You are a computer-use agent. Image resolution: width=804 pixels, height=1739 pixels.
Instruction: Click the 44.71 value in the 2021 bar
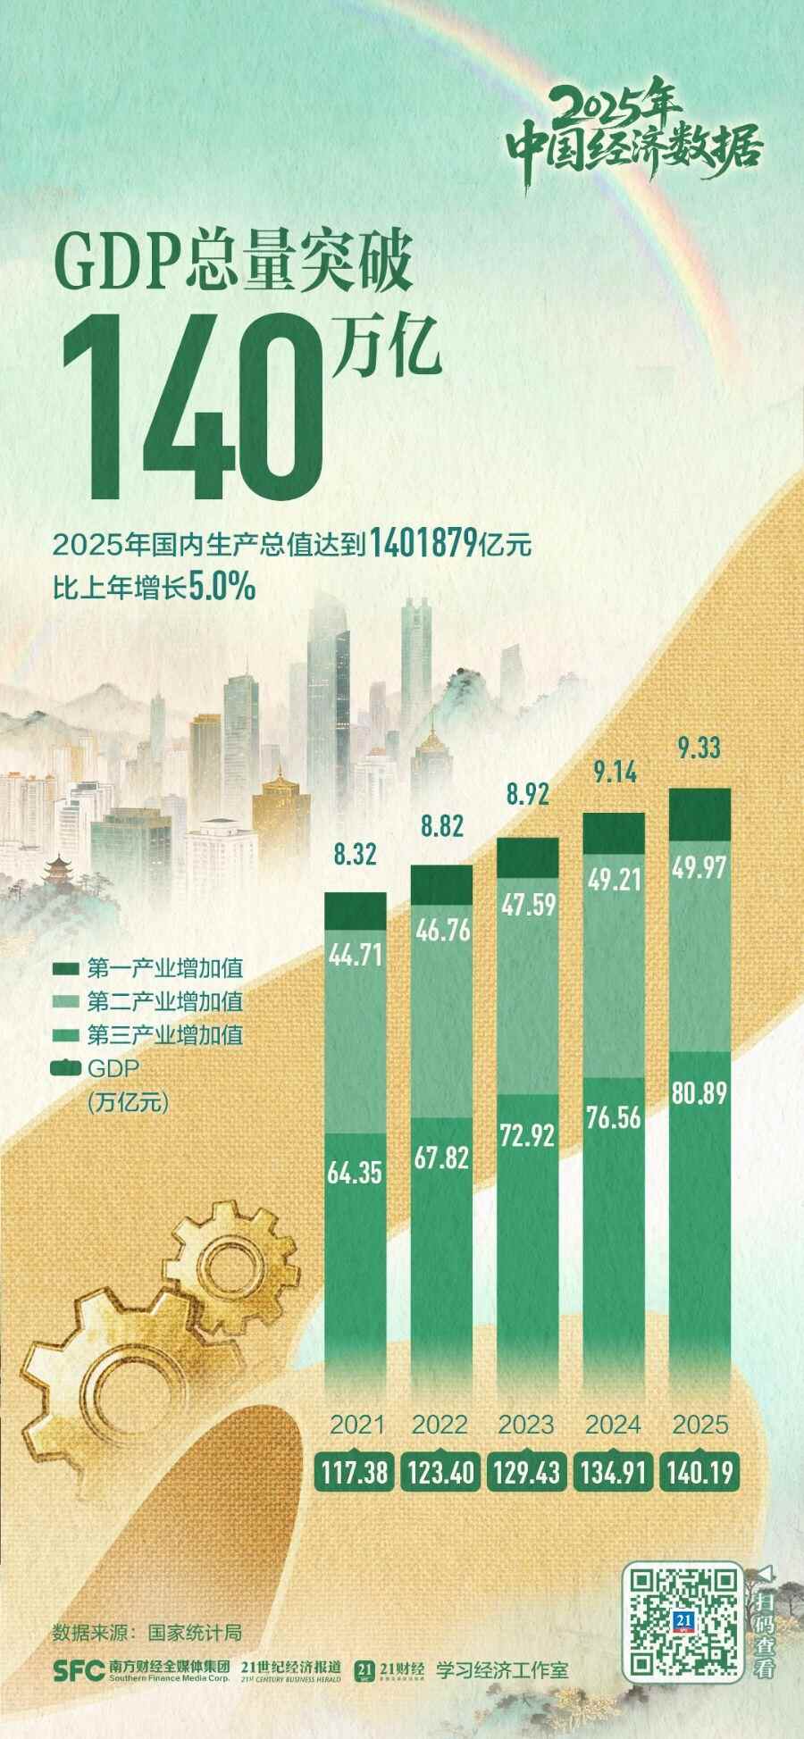point(356,956)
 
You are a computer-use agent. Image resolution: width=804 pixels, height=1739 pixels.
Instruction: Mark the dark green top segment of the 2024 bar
point(613,832)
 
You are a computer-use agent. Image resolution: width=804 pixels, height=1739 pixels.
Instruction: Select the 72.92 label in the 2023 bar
point(527,1135)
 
